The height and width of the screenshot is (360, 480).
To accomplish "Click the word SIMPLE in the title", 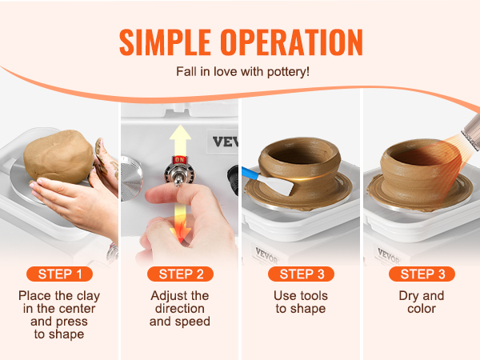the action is [165, 42].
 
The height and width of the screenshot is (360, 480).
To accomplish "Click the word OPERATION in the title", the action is [291, 42].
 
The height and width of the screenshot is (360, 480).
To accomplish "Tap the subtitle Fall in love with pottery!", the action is [242, 72].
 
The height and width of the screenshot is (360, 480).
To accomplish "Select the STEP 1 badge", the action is [60, 274].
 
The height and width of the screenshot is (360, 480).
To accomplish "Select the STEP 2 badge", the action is [180, 274].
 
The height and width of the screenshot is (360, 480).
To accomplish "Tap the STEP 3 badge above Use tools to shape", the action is [302, 274].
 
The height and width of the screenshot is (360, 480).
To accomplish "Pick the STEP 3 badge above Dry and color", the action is [422, 274].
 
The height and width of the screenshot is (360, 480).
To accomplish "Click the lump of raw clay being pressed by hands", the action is [58, 156].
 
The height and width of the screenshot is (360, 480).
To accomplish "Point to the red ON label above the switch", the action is [180, 159].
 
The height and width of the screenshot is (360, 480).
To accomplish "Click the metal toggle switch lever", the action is [178, 177].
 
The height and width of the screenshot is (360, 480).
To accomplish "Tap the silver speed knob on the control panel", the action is [131, 178].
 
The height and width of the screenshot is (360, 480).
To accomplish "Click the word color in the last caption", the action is [422, 309].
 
